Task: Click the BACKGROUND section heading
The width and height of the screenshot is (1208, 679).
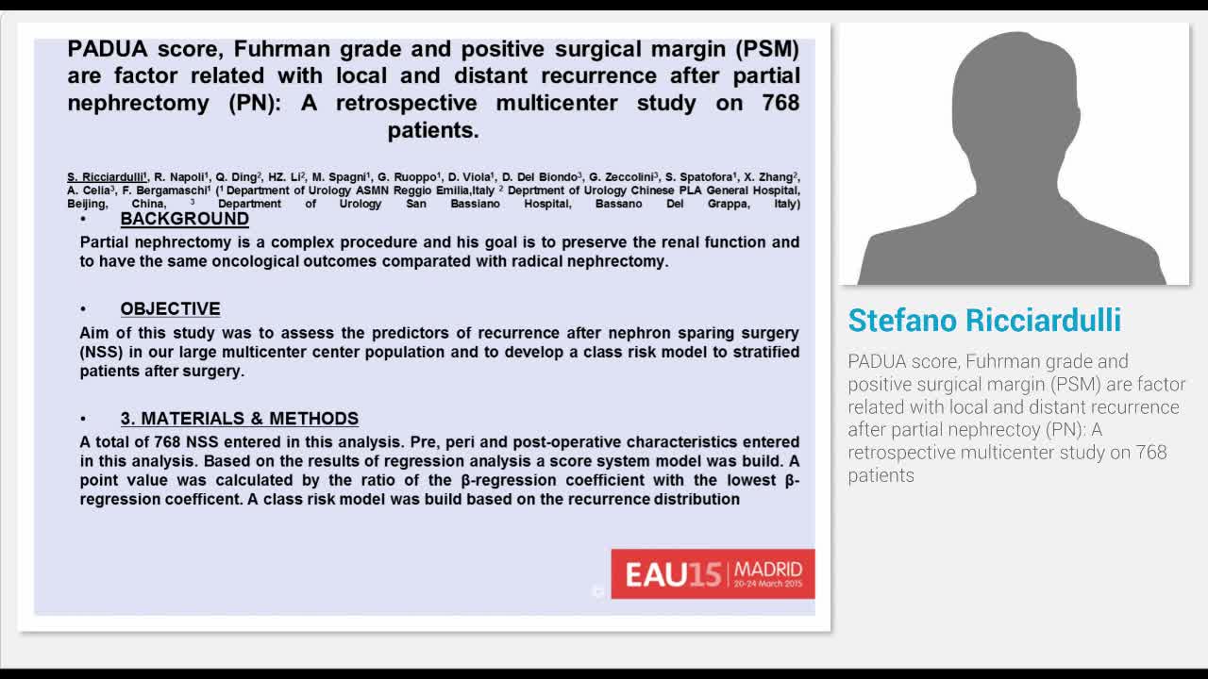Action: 184,219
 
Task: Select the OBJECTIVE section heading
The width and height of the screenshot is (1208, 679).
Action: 170,309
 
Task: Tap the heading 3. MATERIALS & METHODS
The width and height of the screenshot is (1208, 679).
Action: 239,419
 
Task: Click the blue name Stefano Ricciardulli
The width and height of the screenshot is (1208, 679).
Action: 984,321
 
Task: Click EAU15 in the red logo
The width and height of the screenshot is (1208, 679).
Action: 673,574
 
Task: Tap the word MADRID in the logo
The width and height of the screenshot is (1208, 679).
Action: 768,569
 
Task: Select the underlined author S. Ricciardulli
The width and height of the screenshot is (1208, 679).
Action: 106,177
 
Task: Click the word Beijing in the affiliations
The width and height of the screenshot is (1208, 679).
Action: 87,204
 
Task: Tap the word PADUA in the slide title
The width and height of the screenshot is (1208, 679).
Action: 107,49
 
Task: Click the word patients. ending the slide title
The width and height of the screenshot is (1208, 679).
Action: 433,130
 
